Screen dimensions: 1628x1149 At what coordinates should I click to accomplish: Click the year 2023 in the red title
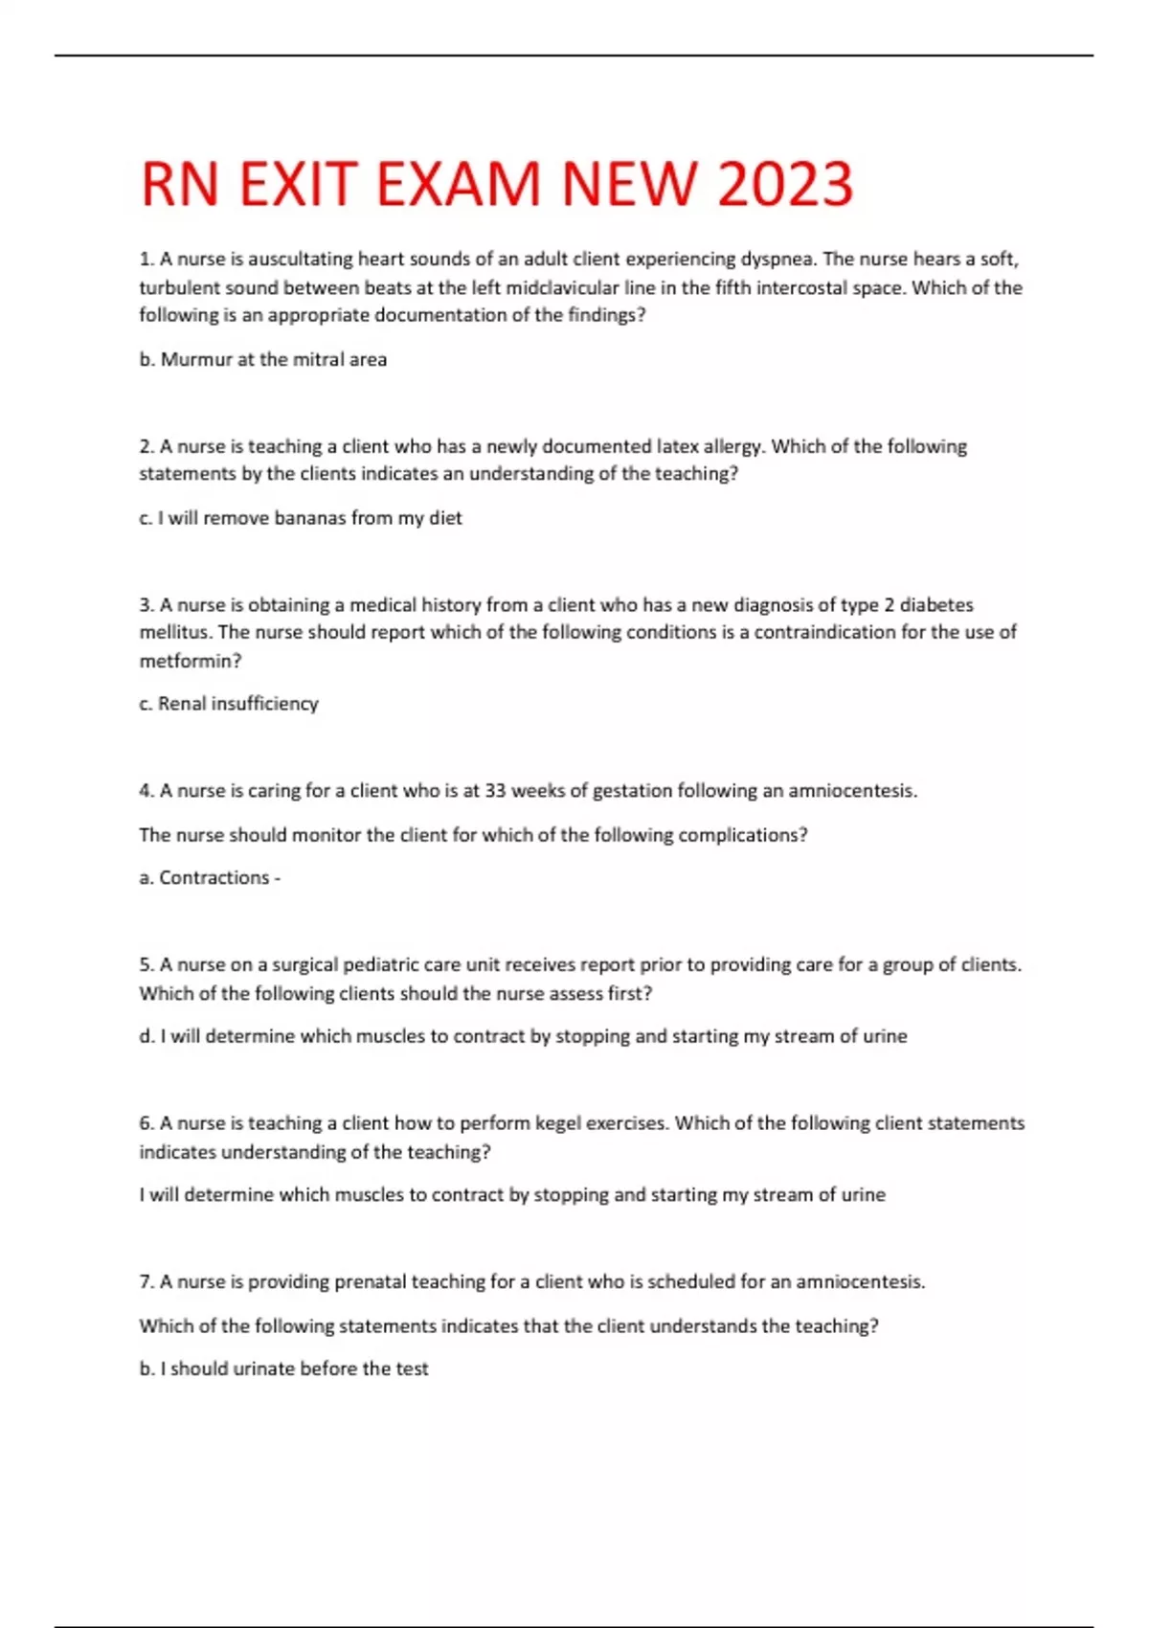(x=784, y=184)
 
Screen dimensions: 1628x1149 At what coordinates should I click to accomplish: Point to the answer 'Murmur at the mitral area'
(x=273, y=360)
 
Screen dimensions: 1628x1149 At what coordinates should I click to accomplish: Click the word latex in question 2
(x=677, y=446)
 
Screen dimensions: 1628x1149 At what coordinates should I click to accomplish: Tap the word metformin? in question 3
(x=191, y=661)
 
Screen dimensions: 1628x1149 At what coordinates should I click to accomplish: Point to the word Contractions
(x=214, y=878)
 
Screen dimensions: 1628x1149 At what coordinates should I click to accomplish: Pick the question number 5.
(x=146, y=965)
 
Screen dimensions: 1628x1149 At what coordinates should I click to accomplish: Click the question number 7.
(x=146, y=1282)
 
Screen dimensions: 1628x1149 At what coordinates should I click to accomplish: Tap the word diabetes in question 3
(x=936, y=605)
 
